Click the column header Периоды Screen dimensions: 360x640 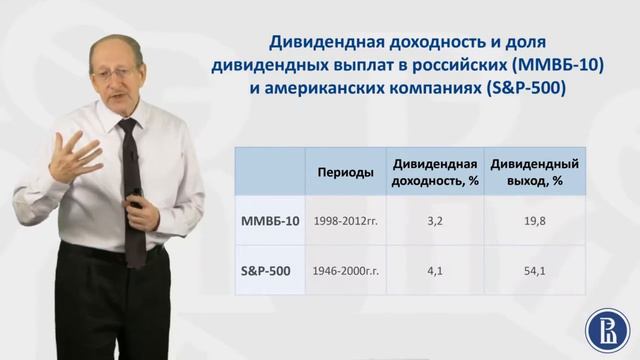(345, 172)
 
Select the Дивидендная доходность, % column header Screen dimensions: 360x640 (433, 172)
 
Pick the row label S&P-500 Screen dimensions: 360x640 (268, 270)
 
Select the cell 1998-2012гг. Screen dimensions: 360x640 (345, 220)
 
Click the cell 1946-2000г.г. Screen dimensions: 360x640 (345, 270)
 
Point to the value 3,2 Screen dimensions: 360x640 (434, 220)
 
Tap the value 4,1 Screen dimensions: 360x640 (434, 270)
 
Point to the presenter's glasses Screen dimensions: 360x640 (126, 68)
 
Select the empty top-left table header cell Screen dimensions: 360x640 (269, 172)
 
